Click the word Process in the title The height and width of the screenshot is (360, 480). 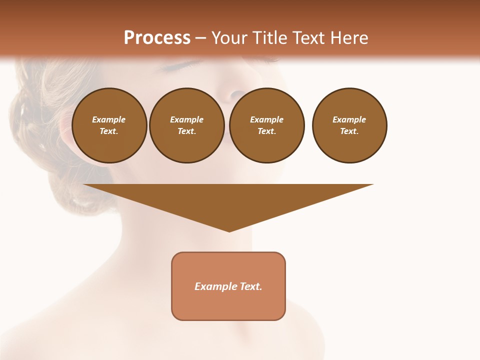coord(157,38)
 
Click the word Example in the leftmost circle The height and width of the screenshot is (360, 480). coord(109,119)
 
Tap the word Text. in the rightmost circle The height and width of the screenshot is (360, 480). coord(349,131)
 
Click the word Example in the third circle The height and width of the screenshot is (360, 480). coord(266,119)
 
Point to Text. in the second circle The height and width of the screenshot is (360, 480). coord(186,131)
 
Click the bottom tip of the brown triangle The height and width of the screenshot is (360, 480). coord(229,230)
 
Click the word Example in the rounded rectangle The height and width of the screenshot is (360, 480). coord(214,286)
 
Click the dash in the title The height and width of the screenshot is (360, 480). coord(201,38)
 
